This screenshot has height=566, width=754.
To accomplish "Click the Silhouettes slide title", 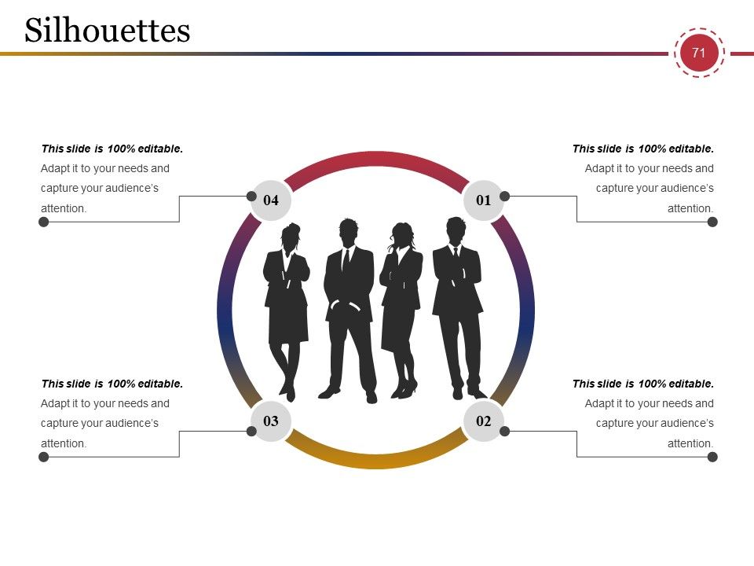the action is (x=108, y=31).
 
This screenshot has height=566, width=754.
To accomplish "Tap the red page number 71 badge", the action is (x=699, y=53).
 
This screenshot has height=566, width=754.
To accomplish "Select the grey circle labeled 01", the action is (x=484, y=200).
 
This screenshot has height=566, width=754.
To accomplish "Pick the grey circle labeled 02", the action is (x=484, y=421).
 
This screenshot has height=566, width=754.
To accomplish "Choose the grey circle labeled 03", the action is (x=271, y=421).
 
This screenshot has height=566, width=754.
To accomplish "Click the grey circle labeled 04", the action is (x=271, y=200).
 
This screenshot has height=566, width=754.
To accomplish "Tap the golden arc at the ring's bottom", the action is (x=376, y=460).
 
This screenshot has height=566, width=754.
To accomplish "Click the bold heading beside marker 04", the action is (x=112, y=149).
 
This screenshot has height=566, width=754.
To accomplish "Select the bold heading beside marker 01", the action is (x=643, y=149).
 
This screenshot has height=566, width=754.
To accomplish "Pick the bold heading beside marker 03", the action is (x=112, y=384).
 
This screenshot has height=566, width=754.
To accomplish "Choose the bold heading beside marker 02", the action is (x=643, y=384).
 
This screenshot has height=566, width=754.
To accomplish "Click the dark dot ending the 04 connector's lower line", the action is (x=44, y=222).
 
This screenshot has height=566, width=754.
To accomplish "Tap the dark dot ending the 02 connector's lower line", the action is (x=712, y=457).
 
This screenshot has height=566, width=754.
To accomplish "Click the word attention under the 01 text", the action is (x=690, y=208).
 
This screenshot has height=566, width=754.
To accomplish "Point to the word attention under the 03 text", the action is (x=64, y=443).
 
